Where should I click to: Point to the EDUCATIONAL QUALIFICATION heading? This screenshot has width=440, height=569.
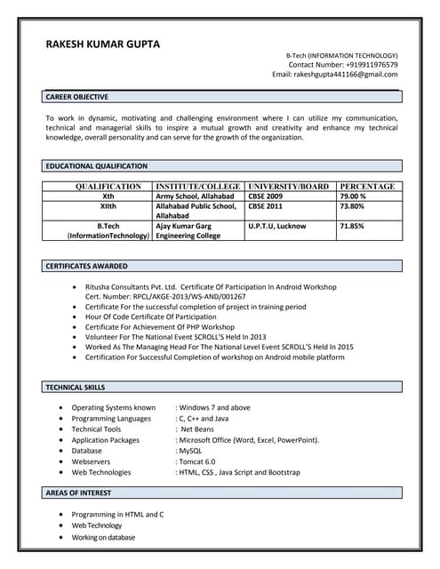(97, 165)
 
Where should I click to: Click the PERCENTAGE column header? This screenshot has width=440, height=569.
(367, 187)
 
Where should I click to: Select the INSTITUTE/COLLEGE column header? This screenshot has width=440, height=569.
(198, 187)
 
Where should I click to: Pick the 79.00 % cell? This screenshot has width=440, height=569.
(353, 196)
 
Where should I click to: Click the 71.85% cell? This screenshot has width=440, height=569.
(352, 226)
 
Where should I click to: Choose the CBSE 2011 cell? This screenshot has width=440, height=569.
(265, 206)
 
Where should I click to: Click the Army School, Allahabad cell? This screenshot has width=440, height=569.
(195, 196)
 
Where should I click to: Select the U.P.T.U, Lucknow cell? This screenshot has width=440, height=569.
(277, 226)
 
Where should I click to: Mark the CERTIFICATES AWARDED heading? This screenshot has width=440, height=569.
(86, 266)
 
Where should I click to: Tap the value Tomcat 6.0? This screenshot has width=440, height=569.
(197, 461)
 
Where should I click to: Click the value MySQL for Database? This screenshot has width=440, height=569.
(190, 451)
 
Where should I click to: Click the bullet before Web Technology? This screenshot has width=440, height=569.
(60, 526)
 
